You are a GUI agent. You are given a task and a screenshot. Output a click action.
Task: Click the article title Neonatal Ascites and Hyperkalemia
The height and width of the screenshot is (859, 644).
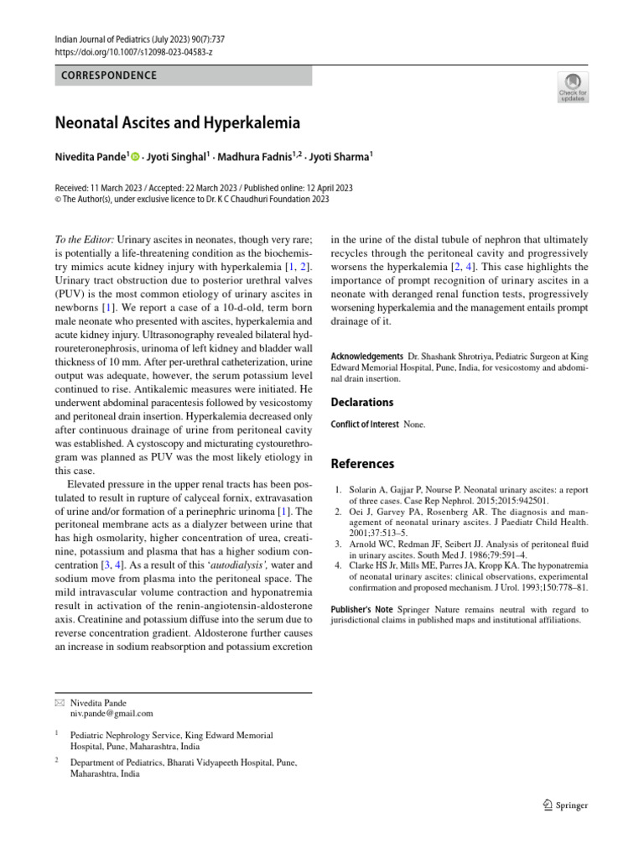(177, 123)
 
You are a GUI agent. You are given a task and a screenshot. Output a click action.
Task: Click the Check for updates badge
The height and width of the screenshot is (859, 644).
(574, 86)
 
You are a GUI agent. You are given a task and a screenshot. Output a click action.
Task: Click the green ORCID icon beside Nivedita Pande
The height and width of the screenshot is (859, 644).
(134, 157)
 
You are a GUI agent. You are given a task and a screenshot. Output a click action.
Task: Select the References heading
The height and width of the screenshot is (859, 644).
(363, 464)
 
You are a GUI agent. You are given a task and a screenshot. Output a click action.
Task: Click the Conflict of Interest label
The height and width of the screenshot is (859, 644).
(365, 424)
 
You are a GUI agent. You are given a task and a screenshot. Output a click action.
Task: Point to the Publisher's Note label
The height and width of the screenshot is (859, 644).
(361, 609)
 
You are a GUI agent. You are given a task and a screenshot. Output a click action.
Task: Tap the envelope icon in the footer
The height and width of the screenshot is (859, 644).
(58, 702)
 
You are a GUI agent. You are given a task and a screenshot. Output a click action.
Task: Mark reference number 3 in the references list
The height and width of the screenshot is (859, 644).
(338, 544)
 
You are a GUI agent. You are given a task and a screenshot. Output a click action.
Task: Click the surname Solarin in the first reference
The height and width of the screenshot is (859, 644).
(366, 488)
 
